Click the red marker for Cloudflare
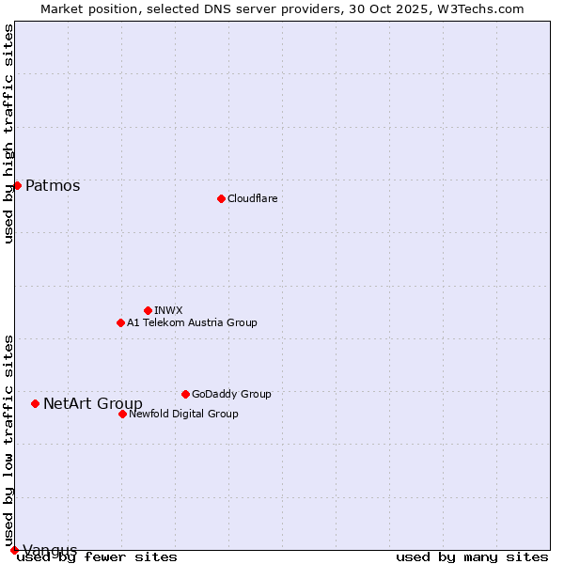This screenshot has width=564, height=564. point(221,198)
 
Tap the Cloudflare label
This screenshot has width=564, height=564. point(252,198)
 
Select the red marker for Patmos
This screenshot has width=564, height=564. point(17,185)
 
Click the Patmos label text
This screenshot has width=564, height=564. point(53,186)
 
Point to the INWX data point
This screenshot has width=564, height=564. point(148,310)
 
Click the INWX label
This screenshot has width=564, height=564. point(168,310)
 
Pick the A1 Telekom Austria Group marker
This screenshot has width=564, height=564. point(120,322)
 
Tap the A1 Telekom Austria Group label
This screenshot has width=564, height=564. point(192,322)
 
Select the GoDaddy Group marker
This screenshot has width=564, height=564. point(185,394)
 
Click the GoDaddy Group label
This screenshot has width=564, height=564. point(231,394)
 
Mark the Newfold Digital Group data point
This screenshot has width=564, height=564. point(122,414)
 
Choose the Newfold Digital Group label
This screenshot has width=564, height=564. point(183,414)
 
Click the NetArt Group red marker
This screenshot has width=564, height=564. point(35,403)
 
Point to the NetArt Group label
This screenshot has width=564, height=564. point(93,404)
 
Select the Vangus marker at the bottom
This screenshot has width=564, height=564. point(14,550)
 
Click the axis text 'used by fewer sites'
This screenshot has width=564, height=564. point(98,557)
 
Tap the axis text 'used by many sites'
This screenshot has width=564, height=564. point(472,557)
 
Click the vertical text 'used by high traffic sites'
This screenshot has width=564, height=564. point(9,133)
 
